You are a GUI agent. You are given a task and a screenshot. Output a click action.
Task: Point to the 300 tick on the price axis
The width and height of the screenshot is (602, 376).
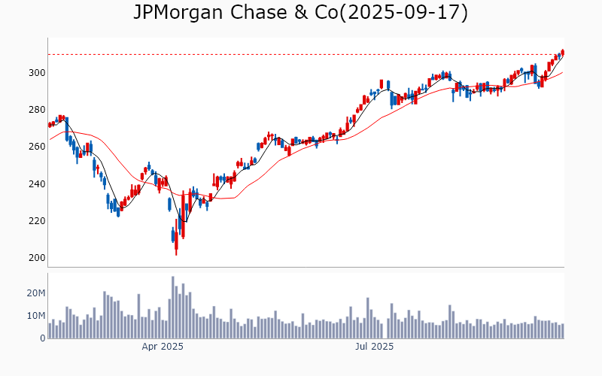[x=38, y=73]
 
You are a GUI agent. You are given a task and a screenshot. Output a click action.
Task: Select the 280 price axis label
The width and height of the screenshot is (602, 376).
[x=38, y=110]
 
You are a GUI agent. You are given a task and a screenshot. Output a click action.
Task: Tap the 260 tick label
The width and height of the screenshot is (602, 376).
[x=38, y=147]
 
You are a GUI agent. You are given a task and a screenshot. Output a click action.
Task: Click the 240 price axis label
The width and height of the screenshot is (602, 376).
[x=38, y=184]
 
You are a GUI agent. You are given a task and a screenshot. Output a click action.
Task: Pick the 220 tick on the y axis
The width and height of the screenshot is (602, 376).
[x=38, y=221]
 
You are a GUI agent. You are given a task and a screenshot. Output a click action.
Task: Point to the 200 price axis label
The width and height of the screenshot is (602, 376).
[x=38, y=258]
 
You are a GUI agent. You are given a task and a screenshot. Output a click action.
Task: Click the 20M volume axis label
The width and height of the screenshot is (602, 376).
[x=35, y=293]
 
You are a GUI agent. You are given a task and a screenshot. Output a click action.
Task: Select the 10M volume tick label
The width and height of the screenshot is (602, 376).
[x=35, y=316]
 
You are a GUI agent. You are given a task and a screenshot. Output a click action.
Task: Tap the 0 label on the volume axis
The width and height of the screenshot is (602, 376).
[x=42, y=338]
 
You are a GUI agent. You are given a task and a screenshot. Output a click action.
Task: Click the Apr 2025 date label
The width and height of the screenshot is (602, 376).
[x=163, y=347]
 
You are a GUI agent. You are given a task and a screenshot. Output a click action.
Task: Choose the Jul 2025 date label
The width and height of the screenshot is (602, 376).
[x=374, y=347]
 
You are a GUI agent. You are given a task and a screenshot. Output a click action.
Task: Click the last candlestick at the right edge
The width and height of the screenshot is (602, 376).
[x=562, y=52]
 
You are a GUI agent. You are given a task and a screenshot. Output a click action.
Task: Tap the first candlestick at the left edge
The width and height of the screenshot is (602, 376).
[x=50, y=124]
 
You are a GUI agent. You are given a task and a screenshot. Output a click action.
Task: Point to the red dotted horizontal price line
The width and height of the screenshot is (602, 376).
[x=301, y=54]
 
